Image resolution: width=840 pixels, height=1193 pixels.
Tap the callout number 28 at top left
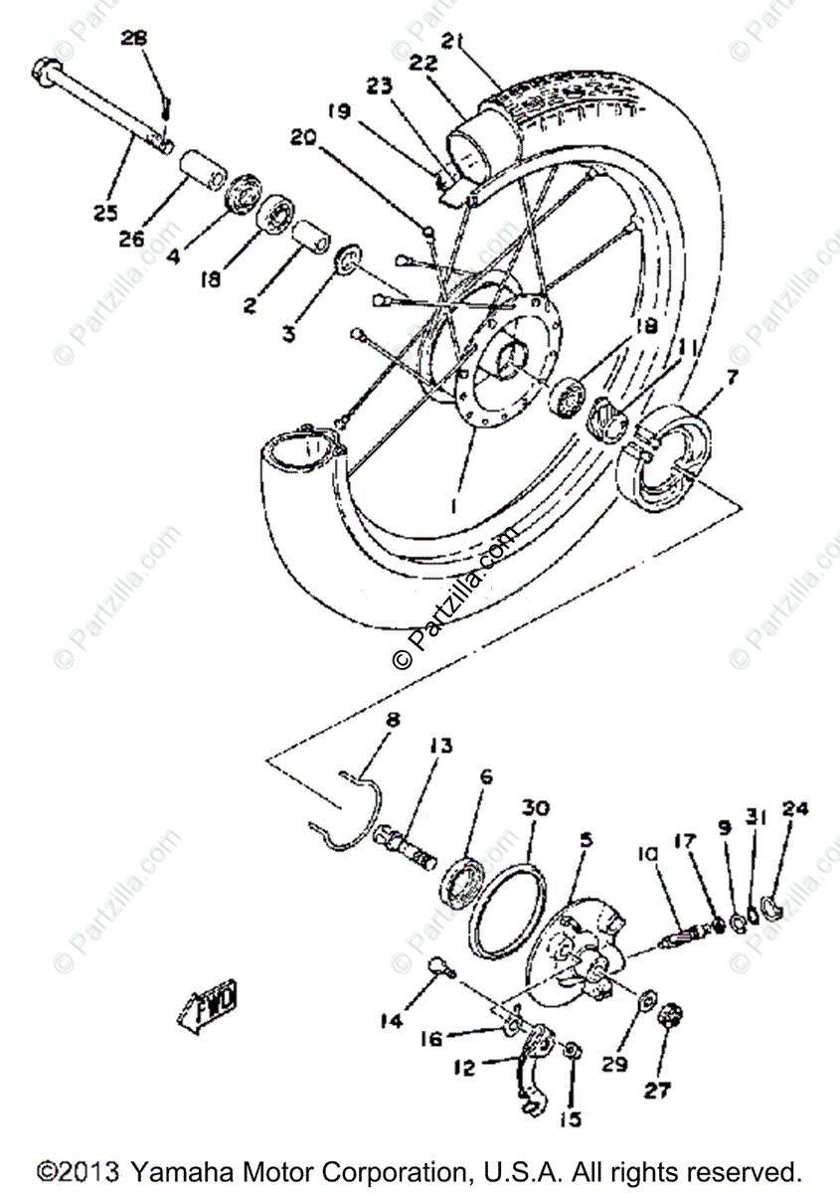[134, 39]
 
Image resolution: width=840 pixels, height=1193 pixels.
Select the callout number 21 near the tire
[454, 41]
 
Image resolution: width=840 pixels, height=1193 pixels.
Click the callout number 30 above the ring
[535, 809]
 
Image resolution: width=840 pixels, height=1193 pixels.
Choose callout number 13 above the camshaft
[440, 746]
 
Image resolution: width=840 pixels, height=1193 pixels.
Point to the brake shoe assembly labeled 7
[660, 452]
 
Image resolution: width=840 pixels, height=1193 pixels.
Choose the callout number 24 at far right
[794, 809]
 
